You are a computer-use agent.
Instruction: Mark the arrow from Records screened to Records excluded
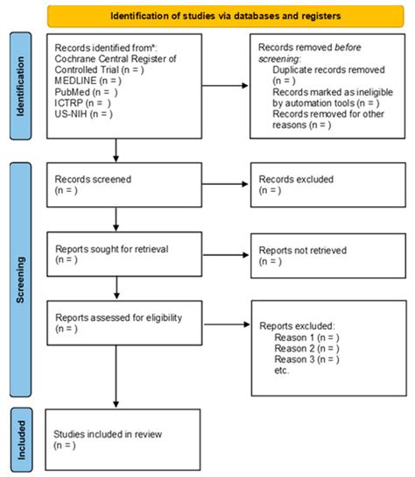click(x=210, y=183)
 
